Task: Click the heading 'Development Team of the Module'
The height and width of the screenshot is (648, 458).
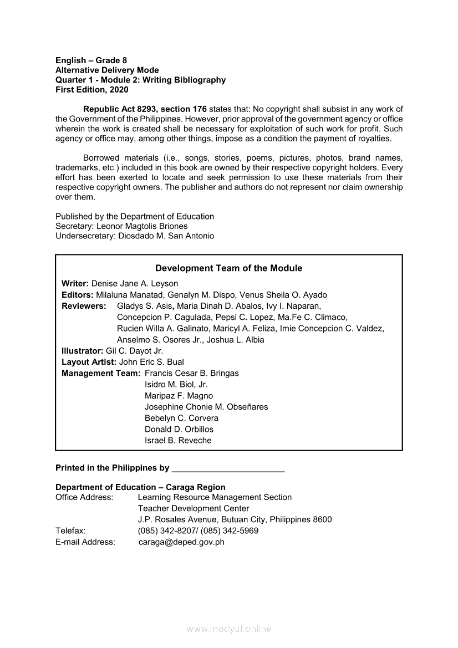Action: pyautogui.click(x=228, y=268)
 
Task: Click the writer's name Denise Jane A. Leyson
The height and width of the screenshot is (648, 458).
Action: pyautogui.click(x=135, y=284)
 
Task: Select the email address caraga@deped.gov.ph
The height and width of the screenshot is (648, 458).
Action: pyautogui.click(x=181, y=542)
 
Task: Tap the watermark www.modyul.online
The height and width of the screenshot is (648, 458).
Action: pyautogui.click(x=229, y=629)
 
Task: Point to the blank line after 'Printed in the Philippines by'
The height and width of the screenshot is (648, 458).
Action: pyautogui.click(x=228, y=468)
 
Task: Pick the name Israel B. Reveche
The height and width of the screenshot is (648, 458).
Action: pyautogui.click(x=178, y=441)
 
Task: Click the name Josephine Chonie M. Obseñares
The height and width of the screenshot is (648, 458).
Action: pyautogui.click(x=206, y=407)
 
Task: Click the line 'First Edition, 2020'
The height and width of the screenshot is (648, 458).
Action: pyautogui.click(x=91, y=90)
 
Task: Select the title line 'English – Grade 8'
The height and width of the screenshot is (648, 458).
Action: pyautogui.click(x=91, y=60)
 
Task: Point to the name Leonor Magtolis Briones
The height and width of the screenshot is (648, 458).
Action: pyautogui.click(x=142, y=226)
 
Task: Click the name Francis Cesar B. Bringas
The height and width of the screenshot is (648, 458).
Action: pyautogui.click(x=192, y=373)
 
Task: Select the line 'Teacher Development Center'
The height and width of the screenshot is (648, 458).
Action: pyautogui.click(x=194, y=508)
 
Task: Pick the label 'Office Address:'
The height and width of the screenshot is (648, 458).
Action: pyautogui.click(x=84, y=497)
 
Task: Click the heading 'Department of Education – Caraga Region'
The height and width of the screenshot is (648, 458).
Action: pyautogui.click(x=140, y=487)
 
